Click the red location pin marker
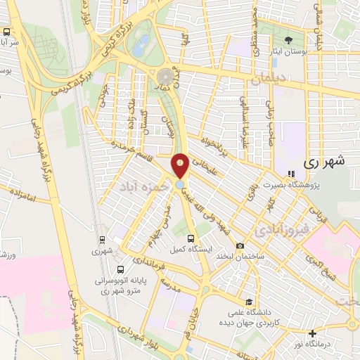181,166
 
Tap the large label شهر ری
326,161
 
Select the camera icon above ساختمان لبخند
240,245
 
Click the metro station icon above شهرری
101,239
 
